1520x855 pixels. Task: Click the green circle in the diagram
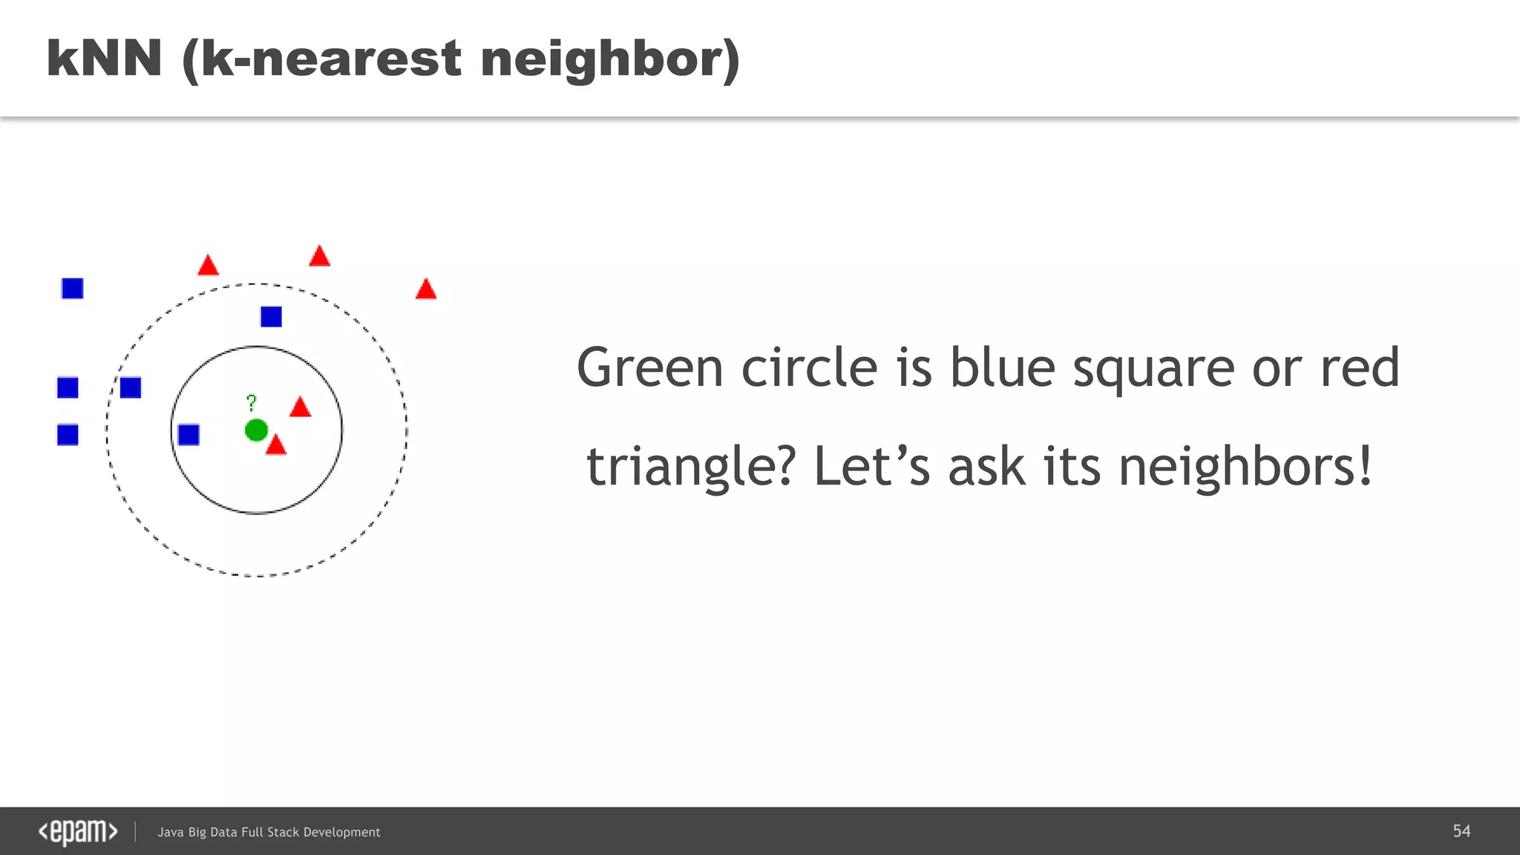click(256, 430)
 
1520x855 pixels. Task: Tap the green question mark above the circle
click(252, 402)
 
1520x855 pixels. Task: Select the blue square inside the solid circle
click(189, 434)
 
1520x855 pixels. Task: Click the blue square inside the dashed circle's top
click(271, 317)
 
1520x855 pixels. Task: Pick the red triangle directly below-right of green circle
click(276, 446)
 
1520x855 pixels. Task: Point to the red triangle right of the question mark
click(300, 408)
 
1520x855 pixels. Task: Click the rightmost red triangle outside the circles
click(426, 290)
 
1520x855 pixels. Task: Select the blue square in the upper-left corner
click(73, 288)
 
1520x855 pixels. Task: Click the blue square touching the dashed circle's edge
click(131, 387)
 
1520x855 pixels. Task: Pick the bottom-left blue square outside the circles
click(68, 434)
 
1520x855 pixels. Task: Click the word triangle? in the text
click(691, 468)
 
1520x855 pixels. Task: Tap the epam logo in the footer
click(78, 832)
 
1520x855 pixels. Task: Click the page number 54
click(1461, 831)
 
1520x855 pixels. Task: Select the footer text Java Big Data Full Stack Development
click(269, 833)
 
